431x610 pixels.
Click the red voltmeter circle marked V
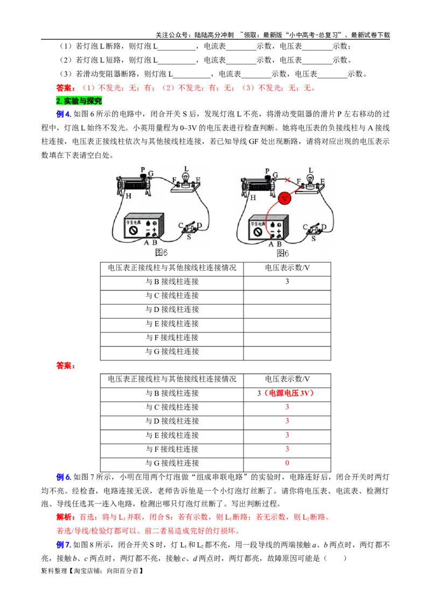[284, 198]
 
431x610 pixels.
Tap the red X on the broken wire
[288, 180]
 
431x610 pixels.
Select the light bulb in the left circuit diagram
[186, 178]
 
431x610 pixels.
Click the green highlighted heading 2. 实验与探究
[79, 101]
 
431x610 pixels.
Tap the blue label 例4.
[64, 114]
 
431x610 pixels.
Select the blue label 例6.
[64, 477]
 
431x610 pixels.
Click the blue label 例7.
[64, 545]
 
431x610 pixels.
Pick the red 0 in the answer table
[287, 463]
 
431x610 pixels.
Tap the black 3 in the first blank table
[287, 281]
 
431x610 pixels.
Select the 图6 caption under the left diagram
[161, 253]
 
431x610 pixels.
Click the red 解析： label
[66, 517]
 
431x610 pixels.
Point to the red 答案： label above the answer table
[66, 366]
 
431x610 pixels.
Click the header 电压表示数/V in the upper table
[287, 268]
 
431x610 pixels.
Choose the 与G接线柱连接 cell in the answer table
[172, 463]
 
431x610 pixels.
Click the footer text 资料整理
[54, 571]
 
